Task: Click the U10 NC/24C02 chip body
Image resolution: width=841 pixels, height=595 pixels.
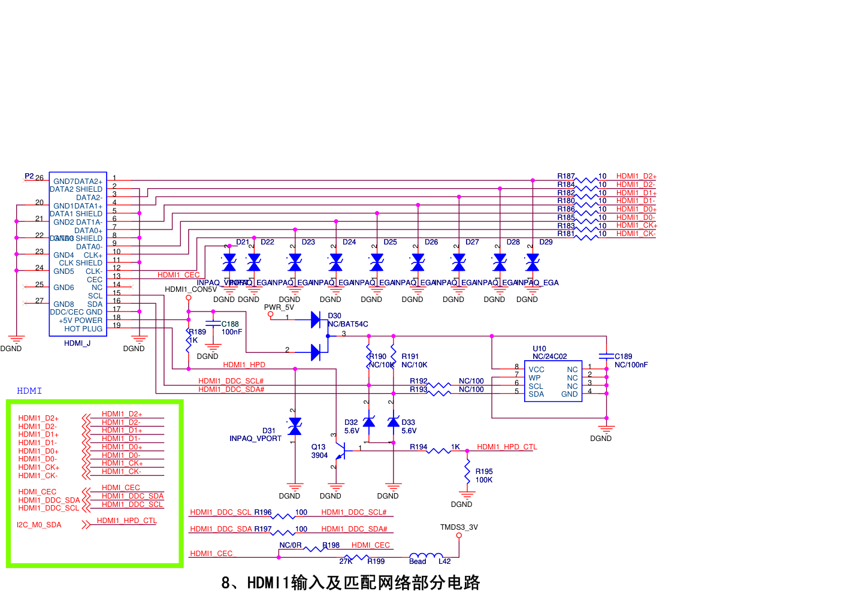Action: [553, 381]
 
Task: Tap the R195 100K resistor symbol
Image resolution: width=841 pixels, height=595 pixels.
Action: [467, 472]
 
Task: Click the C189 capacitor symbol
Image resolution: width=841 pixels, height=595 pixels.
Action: [606, 357]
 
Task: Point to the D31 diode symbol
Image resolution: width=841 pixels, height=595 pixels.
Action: [295, 427]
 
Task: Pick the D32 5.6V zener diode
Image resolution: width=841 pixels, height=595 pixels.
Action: [369, 422]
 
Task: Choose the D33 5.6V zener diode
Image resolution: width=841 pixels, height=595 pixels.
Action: [393, 422]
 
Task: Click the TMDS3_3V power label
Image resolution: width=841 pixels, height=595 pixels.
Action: [459, 527]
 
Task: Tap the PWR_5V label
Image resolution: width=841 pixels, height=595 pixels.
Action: [279, 307]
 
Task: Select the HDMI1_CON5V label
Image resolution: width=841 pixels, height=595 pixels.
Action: [190, 289]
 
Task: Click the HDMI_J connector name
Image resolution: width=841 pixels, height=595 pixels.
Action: [77, 343]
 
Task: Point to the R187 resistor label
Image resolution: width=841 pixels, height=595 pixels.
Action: [565, 176]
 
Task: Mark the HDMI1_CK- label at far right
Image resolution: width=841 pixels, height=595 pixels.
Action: [636, 234]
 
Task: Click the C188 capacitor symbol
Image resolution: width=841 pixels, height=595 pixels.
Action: [213, 324]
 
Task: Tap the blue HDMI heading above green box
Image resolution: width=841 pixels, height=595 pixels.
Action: [29, 391]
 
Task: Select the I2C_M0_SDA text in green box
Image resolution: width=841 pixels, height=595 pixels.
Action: [39, 525]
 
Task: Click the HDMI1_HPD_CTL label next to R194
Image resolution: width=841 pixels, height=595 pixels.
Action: [507, 447]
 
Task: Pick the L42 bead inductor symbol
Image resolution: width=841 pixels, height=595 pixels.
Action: [426, 557]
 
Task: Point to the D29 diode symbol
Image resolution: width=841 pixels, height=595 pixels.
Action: [533, 262]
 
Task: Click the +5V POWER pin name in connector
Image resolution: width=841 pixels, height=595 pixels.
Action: [80, 321]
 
